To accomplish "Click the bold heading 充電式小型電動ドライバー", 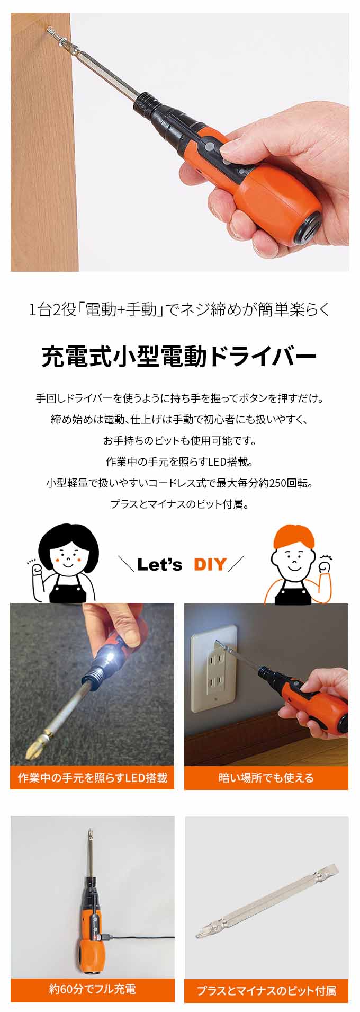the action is [x=179, y=357].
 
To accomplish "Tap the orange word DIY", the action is [x=210, y=564].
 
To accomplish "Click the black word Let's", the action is [x=159, y=564].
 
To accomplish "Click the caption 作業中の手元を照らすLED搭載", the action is [x=92, y=778].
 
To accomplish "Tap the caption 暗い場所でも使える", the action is [x=266, y=778].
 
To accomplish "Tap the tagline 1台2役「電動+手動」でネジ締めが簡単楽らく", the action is [x=179, y=309].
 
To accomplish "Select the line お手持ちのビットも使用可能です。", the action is [x=179, y=440].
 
